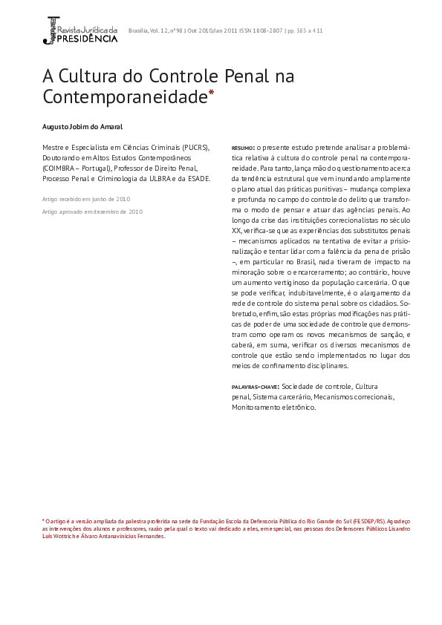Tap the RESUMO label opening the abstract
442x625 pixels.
point(243,148)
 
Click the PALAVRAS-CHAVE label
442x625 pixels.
point(255,387)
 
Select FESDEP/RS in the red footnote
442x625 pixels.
point(370,522)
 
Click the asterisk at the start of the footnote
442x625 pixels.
point(43,522)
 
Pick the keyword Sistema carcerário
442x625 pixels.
point(281,397)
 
